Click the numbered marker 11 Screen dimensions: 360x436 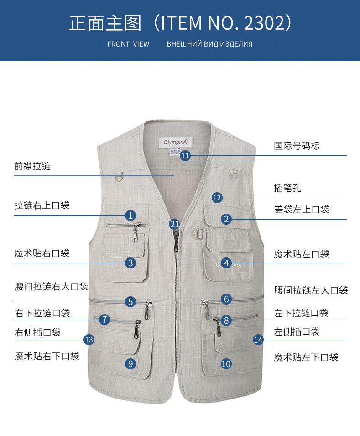pos(185,156)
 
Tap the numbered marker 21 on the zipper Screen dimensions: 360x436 pos(174,224)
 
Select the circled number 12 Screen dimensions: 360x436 pos(217,198)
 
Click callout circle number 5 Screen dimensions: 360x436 pos(131,301)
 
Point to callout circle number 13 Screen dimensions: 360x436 pos(89,340)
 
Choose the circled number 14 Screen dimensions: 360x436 pos(258,339)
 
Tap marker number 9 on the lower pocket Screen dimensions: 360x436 pos(130,363)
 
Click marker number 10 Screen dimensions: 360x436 pos(226,364)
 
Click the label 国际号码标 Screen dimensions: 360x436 pos(297,146)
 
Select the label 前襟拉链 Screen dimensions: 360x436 pos(32,167)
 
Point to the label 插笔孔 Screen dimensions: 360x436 pos(287,188)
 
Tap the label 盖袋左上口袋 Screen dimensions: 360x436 pos(302,210)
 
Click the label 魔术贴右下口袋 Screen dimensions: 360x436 pos(47,356)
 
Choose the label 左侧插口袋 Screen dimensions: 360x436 pos(297,332)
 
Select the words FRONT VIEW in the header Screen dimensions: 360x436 pos(128,44)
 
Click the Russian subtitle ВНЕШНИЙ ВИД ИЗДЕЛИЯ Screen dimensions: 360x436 pos(209,44)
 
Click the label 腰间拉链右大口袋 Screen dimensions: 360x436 pos(51,287)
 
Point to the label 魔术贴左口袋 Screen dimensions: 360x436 pos(301,254)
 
